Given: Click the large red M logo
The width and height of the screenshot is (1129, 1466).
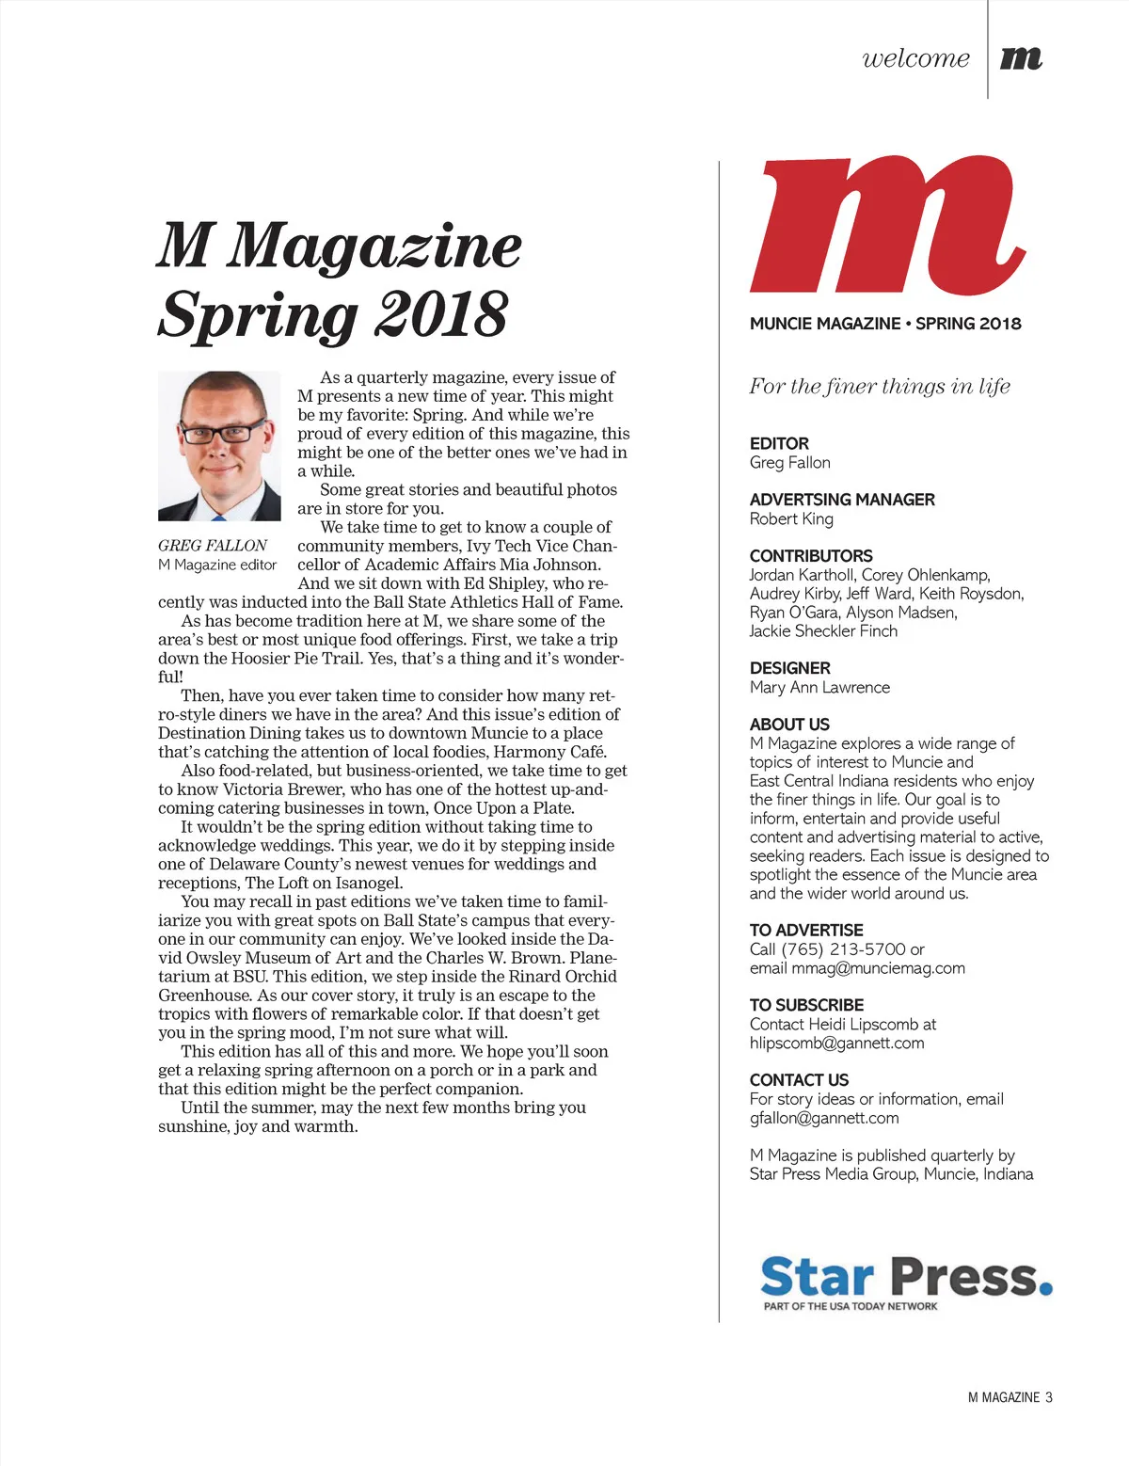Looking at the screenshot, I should coord(886,227).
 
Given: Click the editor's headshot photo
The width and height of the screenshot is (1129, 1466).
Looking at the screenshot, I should coord(219,446).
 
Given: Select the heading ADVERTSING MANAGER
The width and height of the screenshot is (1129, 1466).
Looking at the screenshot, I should coord(842,500).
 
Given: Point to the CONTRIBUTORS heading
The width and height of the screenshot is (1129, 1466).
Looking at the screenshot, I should coord(811,556).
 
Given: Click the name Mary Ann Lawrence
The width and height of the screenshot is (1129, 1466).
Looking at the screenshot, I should coord(819,688).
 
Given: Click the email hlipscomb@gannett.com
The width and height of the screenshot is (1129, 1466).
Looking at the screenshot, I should coord(836,1044).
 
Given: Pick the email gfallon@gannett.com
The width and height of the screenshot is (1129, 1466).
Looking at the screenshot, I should coord(824,1119).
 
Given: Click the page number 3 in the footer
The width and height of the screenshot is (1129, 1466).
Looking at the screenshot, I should coord(1048,1397).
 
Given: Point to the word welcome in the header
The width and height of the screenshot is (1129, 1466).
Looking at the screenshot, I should coord(915,58).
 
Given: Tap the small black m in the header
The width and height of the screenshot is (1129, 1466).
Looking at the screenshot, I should coord(1021,58).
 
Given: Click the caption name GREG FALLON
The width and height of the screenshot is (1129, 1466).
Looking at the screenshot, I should coord(213,546).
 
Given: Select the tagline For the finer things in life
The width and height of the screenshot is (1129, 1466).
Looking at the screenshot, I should coord(880,387).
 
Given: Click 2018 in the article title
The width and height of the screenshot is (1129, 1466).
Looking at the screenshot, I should coord(441,314).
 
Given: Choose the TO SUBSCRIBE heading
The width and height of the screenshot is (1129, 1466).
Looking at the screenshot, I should coord(806,1005).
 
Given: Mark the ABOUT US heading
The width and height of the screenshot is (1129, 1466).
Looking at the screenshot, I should coord(789,725).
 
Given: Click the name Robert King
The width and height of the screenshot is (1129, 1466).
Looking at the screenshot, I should coord(791,519).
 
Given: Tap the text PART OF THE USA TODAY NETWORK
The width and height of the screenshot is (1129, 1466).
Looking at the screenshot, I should coord(851,1306).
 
